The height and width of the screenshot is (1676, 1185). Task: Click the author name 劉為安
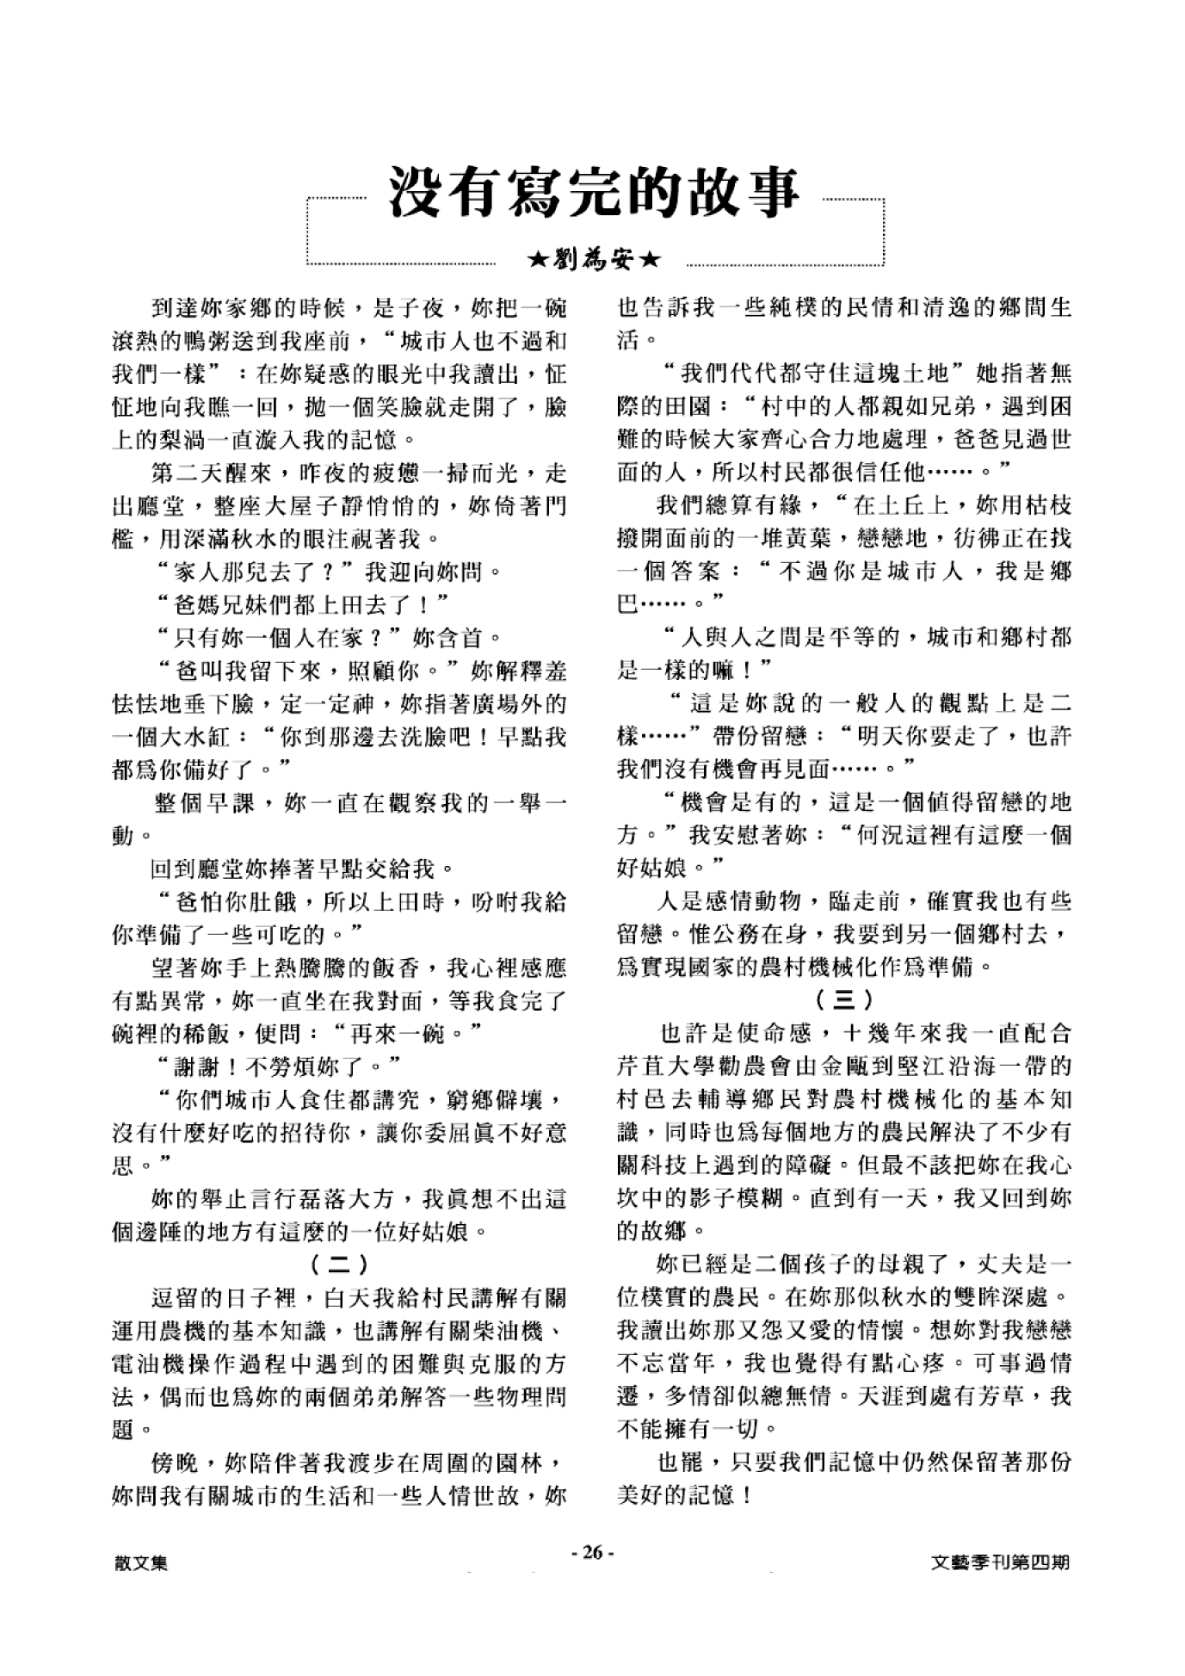click(595, 258)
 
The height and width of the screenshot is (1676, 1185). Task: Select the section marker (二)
click(339, 1265)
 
